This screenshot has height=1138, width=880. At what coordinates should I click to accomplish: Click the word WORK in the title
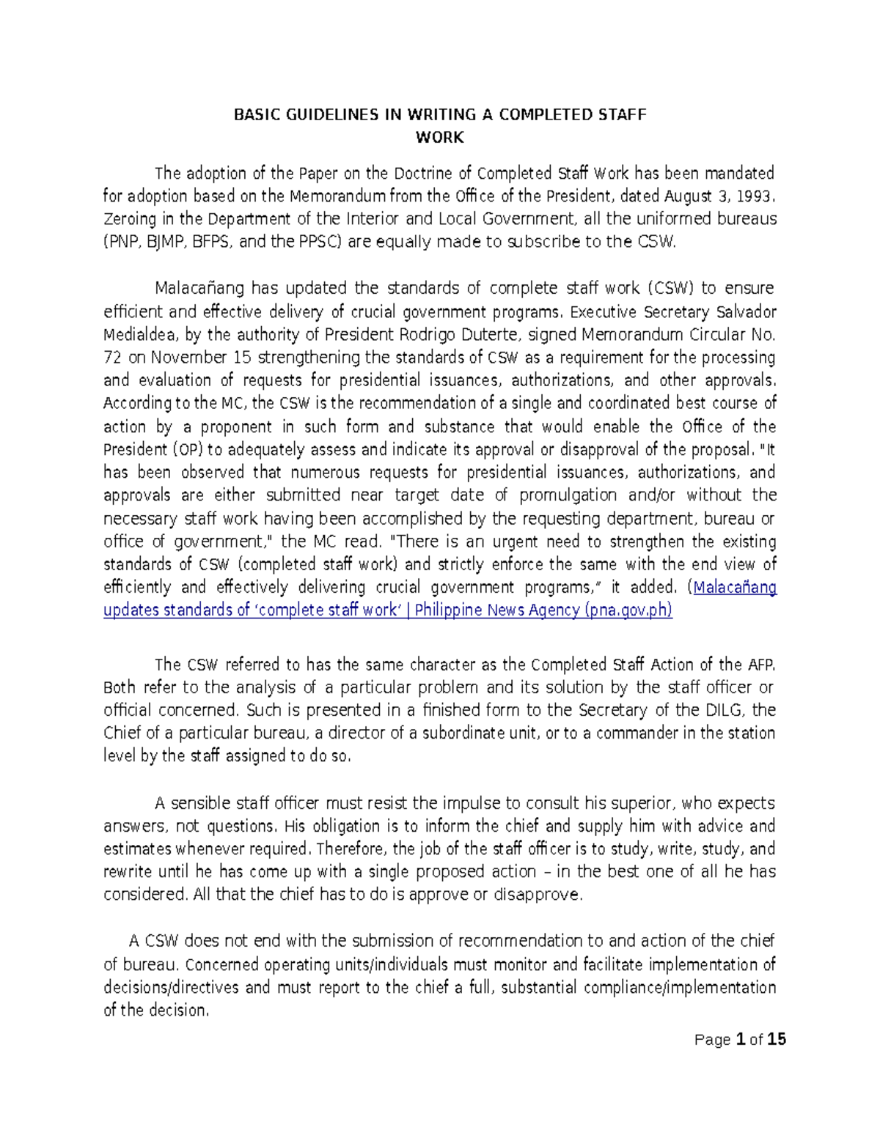(x=439, y=137)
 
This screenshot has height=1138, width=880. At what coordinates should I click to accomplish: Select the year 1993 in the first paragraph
(x=755, y=196)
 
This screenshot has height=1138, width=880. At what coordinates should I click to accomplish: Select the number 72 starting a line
(x=112, y=358)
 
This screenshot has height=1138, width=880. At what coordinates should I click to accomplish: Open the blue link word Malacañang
(x=735, y=588)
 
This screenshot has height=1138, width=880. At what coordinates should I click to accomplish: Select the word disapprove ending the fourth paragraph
(x=544, y=895)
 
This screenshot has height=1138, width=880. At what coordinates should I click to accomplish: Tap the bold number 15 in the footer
(x=777, y=1039)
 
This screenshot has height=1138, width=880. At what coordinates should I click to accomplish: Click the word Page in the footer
(x=712, y=1039)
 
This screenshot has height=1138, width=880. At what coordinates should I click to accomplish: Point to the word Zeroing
(x=129, y=219)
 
